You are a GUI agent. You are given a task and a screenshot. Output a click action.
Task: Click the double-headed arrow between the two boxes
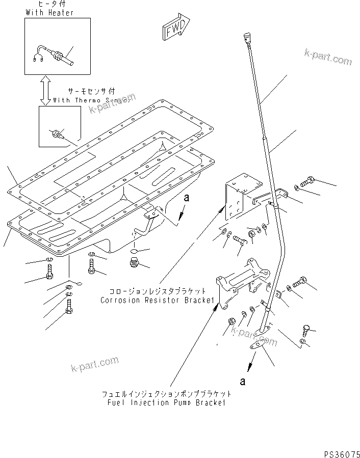tap(45, 90)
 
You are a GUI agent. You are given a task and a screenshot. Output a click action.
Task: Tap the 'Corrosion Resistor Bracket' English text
tap(157, 300)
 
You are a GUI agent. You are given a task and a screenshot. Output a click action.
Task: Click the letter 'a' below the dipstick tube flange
tap(242, 381)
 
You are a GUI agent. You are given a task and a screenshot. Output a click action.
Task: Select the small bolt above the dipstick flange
tap(305, 329)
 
